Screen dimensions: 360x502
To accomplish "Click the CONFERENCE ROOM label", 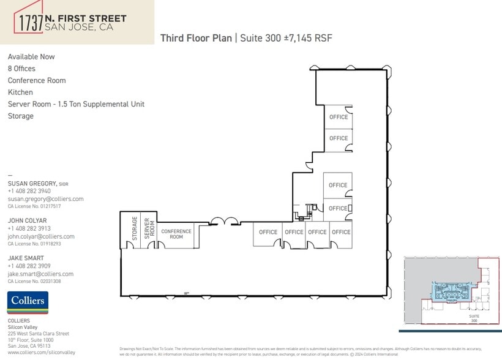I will point(176,234).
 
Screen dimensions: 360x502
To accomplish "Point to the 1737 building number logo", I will point(30,22).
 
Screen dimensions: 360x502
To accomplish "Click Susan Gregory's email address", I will point(45,199).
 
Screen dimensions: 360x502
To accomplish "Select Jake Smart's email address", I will point(40,274).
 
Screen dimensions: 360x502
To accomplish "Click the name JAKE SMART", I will point(26,258).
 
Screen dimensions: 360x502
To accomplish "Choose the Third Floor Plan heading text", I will point(196,38).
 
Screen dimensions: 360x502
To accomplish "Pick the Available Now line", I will point(31,57).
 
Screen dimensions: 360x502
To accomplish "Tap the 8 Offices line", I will point(21,69).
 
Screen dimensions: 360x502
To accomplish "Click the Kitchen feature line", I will point(20,92).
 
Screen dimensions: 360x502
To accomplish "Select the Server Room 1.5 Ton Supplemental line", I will point(76,104).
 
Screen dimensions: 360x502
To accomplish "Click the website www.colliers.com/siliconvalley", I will point(41,353).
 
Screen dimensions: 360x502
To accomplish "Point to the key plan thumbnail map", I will point(451,291).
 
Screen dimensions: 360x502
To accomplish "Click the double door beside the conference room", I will point(223,221).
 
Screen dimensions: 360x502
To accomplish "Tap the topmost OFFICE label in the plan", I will point(339,117).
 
